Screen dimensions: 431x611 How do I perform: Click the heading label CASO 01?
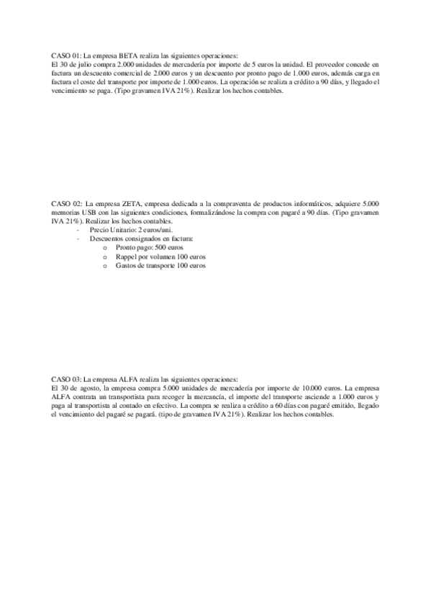coord(65,55)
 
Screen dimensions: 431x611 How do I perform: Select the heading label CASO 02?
coord(65,205)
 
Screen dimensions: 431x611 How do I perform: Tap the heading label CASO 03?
coord(65,378)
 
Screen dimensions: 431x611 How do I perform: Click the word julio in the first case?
coord(83,64)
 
